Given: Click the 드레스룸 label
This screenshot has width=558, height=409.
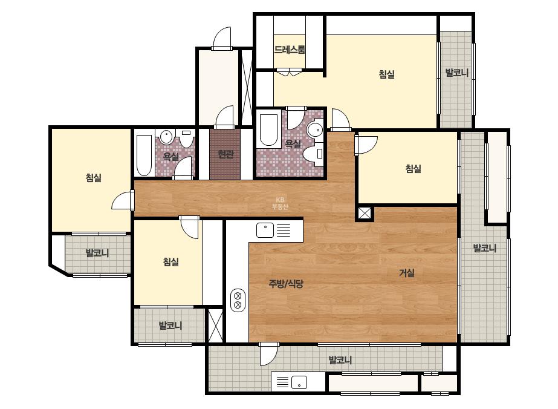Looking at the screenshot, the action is pos(290,49).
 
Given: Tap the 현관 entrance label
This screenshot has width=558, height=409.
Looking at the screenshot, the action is pos(225,154).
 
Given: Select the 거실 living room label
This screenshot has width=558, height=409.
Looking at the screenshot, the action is pos(406,273).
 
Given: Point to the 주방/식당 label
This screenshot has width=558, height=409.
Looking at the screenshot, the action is pos(286,284).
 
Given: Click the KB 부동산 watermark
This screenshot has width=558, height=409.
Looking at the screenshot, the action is pos(280,203).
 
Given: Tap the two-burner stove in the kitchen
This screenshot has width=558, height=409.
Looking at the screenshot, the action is pos(238,300).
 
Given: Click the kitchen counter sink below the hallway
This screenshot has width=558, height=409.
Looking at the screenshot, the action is pos(265,230).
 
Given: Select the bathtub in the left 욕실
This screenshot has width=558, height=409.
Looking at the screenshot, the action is pos(144,155).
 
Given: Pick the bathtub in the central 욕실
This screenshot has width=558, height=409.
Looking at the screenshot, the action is pos(268,130).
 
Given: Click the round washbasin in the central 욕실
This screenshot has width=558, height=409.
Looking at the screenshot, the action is pos(314,129).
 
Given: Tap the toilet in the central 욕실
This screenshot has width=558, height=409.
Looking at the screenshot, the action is pos(313,154).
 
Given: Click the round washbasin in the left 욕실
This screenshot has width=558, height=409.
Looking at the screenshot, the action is pos(166,137).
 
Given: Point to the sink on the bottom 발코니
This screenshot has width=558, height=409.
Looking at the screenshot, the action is pos(299,382).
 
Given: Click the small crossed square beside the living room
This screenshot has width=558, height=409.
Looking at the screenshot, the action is pos(365,214).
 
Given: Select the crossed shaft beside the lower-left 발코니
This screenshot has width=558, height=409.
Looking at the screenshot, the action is pos(215,326).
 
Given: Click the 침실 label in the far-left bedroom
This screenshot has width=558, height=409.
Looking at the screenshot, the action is pos(94,177).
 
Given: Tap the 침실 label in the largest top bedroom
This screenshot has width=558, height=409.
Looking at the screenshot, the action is pos(386,74).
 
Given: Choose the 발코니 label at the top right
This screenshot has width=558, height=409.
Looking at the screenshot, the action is pos(456,73).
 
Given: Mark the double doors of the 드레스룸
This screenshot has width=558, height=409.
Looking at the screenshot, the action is pos(290,72).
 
